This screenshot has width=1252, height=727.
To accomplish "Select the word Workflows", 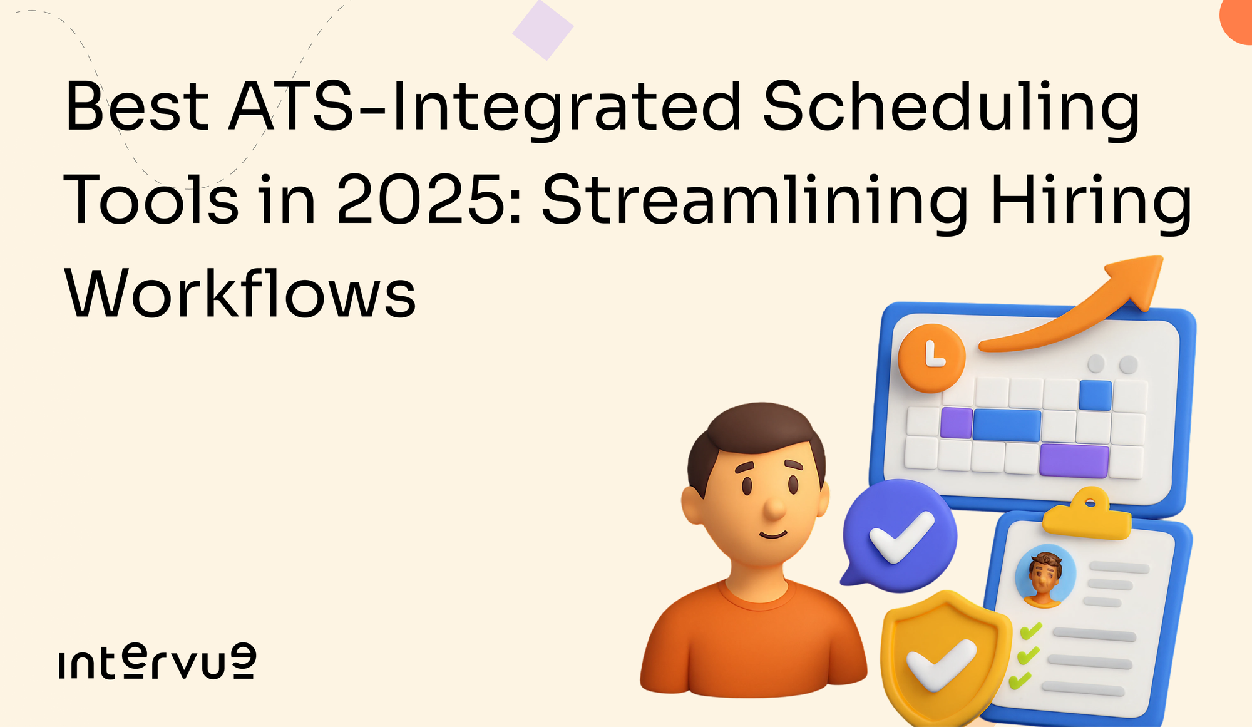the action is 240,293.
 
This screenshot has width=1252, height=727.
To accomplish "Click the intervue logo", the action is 157,661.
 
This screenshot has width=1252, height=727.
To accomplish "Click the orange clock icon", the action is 931,358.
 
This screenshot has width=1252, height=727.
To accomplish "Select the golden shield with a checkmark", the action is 945,657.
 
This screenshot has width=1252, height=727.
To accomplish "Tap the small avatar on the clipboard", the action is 1045,577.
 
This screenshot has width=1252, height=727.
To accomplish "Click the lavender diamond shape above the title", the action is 543,29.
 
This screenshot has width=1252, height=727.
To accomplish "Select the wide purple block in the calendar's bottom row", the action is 1074,460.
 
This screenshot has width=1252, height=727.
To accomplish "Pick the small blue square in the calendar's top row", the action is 1095,395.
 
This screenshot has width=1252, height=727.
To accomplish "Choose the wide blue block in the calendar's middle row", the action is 1007,425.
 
